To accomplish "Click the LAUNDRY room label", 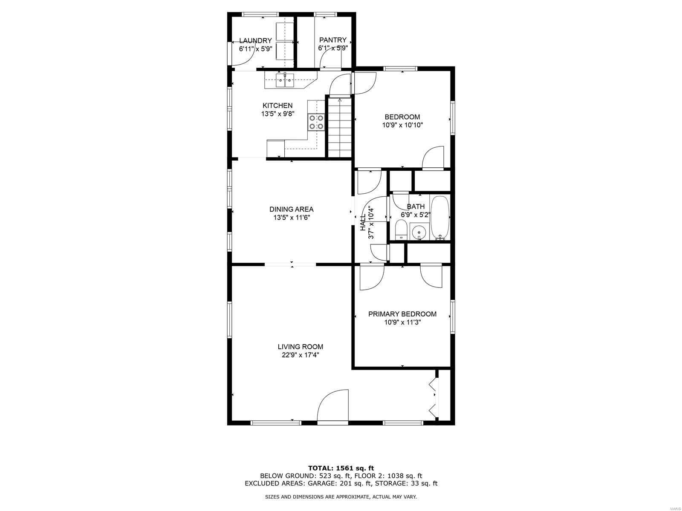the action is point(255,40).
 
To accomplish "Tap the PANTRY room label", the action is point(333,40).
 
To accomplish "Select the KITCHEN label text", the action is point(277,106).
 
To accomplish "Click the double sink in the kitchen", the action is point(67,81).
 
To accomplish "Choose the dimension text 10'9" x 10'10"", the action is point(402,125).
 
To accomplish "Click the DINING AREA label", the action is point(292,210).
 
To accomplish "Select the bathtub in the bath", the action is point(440,218).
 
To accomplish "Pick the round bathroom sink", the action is point(419,232).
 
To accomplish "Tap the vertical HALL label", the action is point(363,223).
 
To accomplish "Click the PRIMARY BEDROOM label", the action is point(402,314).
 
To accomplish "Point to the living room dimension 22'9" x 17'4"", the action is point(301,355).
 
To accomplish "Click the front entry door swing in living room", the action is point(332,406).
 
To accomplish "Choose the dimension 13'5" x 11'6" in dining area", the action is point(292,218).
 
